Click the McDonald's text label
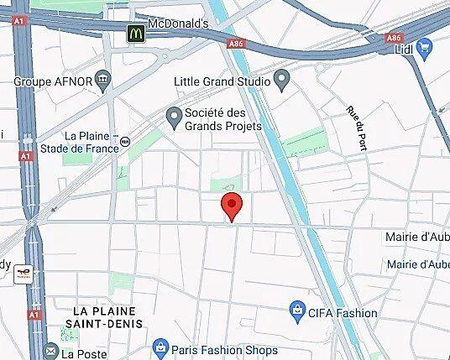[177, 23]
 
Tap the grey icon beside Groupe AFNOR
[104, 81]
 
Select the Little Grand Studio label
[222, 81]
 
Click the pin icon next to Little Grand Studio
[282, 81]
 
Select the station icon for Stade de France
[125, 143]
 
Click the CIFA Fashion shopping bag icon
[296, 312]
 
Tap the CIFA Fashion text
[343, 313]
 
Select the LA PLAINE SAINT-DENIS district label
[108, 316]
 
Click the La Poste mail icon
[50, 352]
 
